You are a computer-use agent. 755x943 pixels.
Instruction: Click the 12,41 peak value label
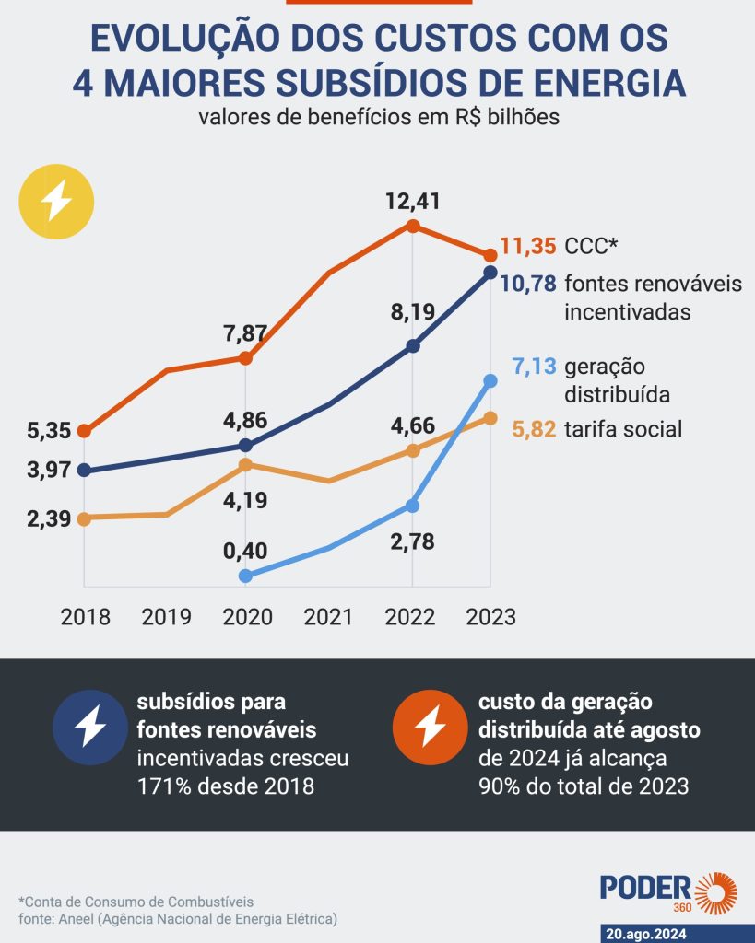[413, 200]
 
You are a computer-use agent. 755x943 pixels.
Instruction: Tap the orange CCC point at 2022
[413, 227]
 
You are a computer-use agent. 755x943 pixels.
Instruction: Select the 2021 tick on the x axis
[328, 616]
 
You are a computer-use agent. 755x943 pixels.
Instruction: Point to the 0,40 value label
[245, 552]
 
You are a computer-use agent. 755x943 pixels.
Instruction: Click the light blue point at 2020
[245, 576]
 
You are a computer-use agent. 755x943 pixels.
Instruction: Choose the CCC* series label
[591, 247]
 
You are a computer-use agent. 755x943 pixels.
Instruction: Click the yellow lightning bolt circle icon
[57, 202]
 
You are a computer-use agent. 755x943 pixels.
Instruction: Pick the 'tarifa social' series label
[623, 428]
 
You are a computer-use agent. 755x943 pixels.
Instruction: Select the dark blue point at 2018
[85, 470]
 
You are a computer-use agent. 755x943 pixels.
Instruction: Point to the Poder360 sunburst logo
[716, 894]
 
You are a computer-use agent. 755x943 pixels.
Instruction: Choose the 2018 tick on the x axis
[85, 616]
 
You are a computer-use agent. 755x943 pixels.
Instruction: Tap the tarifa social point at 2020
[245, 465]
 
